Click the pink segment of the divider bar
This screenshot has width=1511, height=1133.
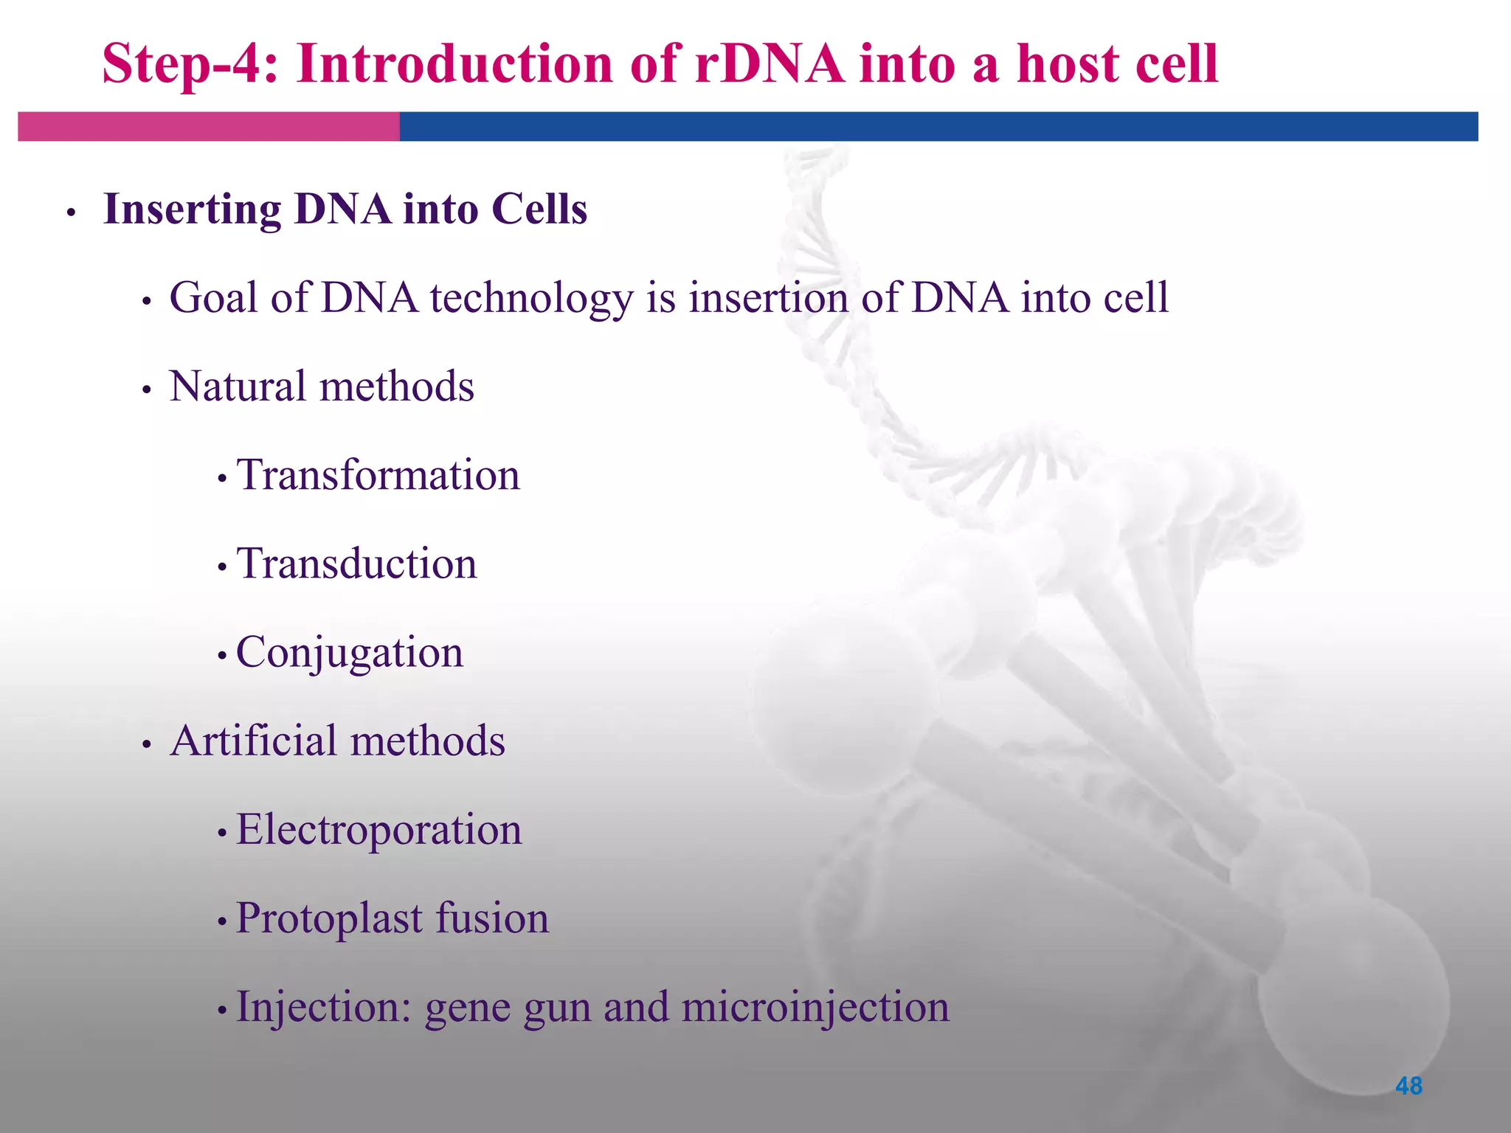[x=208, y=126]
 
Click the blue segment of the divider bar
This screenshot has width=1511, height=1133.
[x=937, y=126]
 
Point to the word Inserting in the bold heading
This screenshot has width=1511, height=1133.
[x=192, y=210]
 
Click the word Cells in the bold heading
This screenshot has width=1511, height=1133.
[x=539, y=209]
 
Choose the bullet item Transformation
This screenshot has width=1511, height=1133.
[x=378, y=475]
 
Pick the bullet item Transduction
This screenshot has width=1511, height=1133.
[x=356, y=564]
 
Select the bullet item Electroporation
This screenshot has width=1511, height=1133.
[x=378, y=830]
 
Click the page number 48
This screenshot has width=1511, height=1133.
[x=1408, y=1086]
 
